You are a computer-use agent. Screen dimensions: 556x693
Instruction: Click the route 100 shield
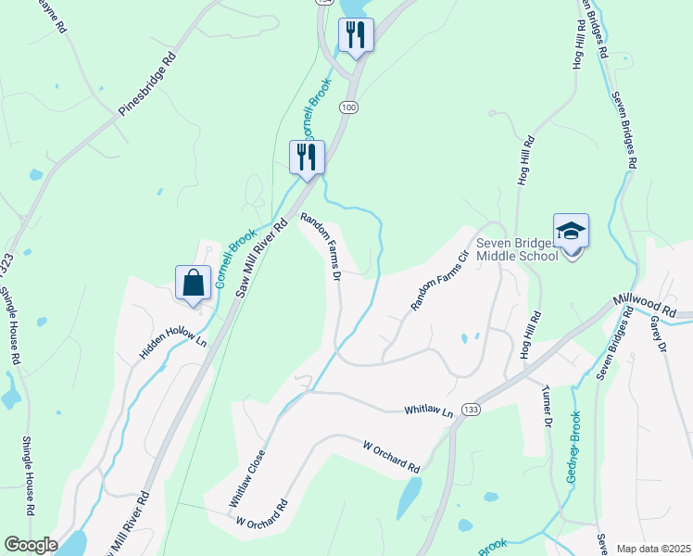point(347,108)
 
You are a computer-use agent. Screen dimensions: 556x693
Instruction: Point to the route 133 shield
point(472,409)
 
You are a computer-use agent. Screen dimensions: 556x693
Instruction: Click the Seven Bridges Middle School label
point(516,250)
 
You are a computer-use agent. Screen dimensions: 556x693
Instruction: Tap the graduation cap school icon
point(571,232)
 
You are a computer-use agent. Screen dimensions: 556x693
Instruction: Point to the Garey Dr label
point(660,334)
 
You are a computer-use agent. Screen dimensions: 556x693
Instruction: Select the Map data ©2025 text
point(653,549)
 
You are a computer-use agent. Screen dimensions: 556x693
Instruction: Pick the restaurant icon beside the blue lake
point(355,36)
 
